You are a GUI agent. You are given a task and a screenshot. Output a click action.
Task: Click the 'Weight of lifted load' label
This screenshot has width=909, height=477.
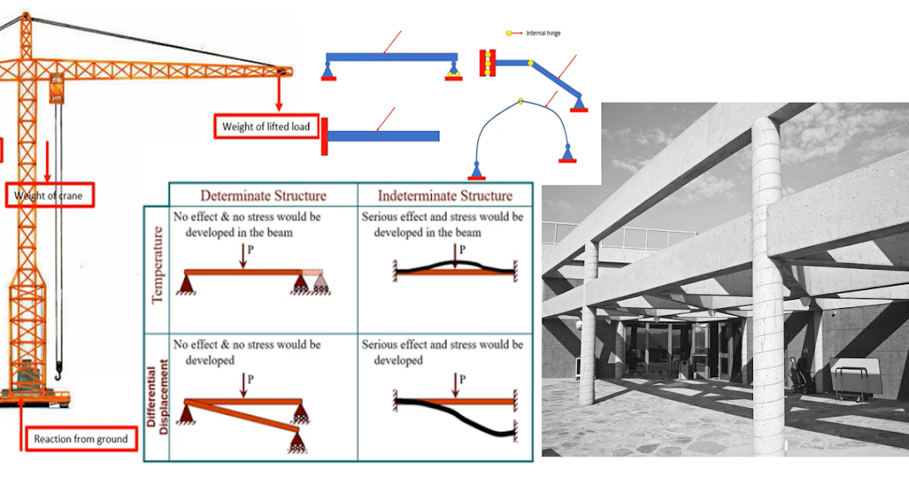[266, 126]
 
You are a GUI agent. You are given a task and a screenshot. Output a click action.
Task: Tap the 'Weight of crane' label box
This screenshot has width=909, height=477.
[49, 196]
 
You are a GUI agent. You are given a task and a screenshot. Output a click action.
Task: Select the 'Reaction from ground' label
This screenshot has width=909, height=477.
[80, 439]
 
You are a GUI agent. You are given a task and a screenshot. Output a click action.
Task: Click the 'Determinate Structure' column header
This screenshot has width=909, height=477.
[263, 195]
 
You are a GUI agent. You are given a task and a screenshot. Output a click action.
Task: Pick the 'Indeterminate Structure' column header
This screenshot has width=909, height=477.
[445, 195]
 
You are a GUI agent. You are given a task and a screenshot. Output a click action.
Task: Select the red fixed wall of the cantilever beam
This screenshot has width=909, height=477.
[324, 136]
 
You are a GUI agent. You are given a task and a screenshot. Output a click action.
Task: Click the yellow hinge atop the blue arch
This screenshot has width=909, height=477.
[520, 101]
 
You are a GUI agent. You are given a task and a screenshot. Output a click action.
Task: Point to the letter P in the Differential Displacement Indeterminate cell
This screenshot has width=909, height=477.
[463, 379]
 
